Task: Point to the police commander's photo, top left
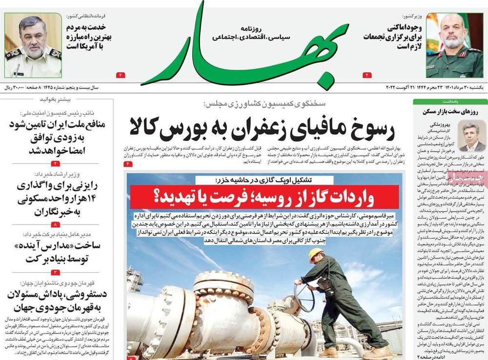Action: pyautogui.click(x=33, y=45)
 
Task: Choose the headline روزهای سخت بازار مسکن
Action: pyautogui.click(x=448, y=111)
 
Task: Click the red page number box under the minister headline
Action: pyautogui.click(x=367, y=75)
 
